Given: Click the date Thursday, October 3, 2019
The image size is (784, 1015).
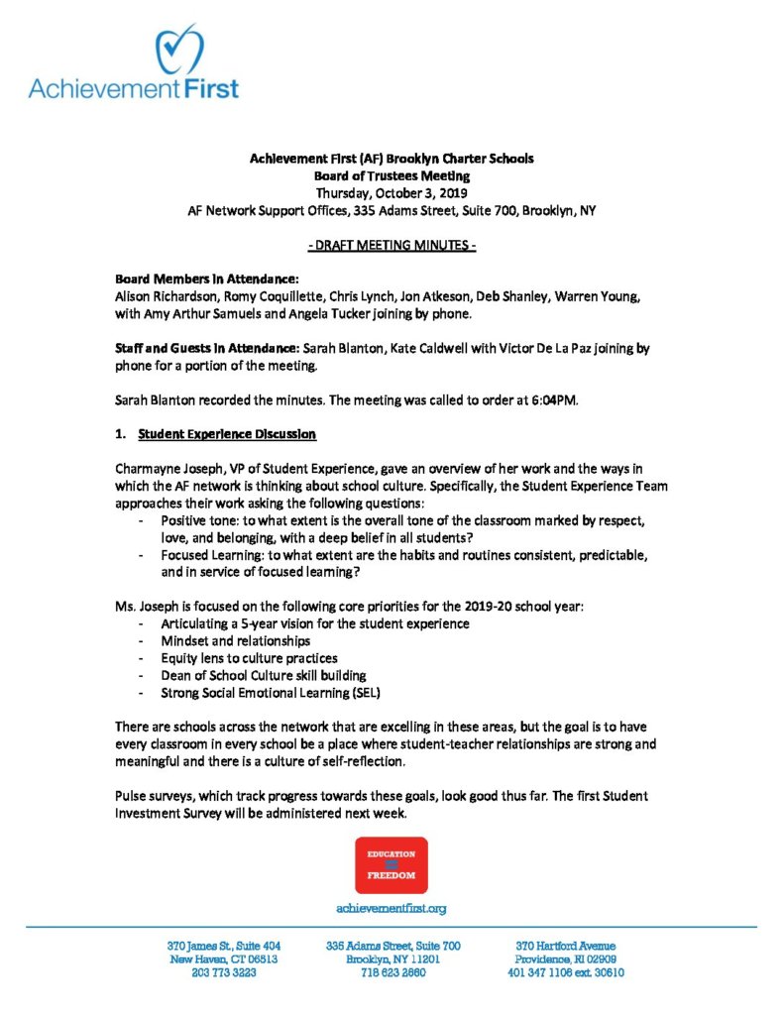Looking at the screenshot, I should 392,192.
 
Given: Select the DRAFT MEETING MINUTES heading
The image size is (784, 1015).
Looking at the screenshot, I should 392,246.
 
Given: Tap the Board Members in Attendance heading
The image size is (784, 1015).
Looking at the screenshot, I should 189,281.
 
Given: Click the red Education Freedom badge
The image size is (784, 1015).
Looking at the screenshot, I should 392,864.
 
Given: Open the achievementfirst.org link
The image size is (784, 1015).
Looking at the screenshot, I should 392,908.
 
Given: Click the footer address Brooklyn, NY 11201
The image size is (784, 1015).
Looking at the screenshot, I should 393,959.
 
